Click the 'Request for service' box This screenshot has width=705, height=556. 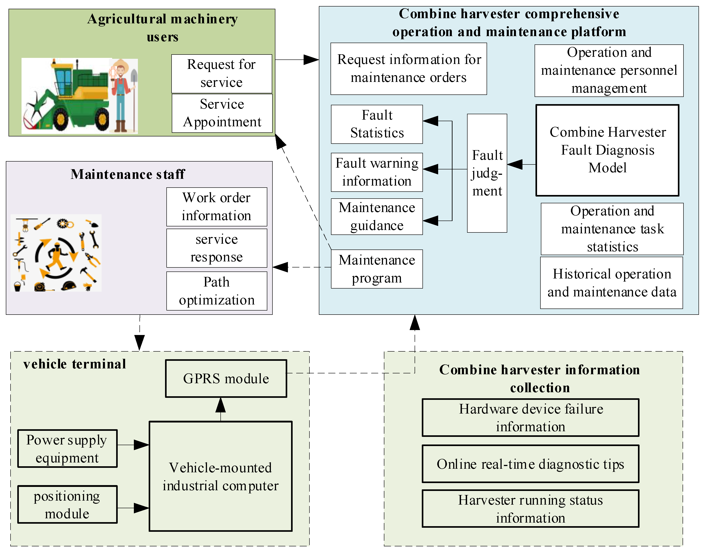(222, 74)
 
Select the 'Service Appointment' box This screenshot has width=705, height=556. (222, 113)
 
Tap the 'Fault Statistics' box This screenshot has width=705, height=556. (377, 124)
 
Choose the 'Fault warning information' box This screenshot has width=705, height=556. (377, 172)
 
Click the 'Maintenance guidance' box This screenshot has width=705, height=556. (377, 217)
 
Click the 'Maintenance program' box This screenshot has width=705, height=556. (377, 269)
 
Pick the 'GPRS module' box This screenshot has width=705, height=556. (226, 378)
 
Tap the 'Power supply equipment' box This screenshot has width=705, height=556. (67, 449)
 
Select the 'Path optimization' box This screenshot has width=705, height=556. (217, 291)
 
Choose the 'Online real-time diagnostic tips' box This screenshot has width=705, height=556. (530, 464)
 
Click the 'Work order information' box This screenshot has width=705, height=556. (217, 207)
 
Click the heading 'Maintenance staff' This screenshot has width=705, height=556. (128, 174)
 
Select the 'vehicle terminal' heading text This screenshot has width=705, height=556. (74, 364)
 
